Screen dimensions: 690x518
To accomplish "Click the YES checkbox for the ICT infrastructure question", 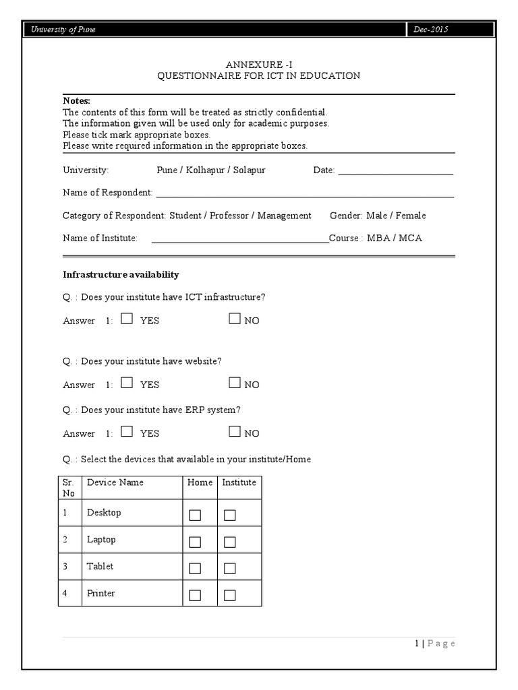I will (x=127, y=319).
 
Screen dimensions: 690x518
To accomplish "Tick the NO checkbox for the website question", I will (x=235, y=383).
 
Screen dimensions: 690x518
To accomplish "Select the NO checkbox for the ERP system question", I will (x=235, y=432).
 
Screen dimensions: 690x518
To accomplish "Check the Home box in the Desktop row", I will (x=195, y=515).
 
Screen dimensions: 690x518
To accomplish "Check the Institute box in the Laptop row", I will (x=230, y=542).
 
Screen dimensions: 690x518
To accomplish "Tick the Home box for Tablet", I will (x=195, y=569).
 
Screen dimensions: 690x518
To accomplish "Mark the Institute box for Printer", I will (x=230, y=595).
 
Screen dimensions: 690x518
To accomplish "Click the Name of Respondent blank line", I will (x=305, y=195).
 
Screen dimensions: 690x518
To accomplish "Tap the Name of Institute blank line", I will (x=239, y=241).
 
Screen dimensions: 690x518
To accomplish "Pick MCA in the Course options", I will (x=411, y=238).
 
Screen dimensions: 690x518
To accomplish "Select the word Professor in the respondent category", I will (x=229, y=216).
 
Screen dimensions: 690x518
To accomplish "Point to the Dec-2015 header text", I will (x=432, y=30).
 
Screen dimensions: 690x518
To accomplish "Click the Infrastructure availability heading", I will (x=121, y=275).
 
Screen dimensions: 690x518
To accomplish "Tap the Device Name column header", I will (x=115, y=482).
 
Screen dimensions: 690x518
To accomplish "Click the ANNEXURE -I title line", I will (x=259, y=65).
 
